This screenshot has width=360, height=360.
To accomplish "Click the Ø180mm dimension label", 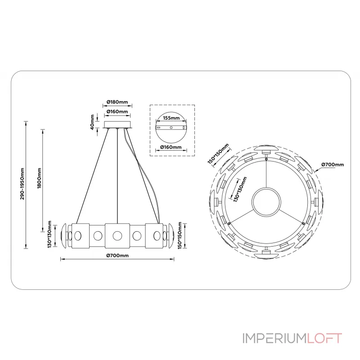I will point(117,102).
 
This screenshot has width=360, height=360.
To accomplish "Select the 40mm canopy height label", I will point(92,122).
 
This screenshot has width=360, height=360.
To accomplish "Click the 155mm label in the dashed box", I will point(171,118).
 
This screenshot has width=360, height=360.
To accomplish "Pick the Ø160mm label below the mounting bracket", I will point(171,147).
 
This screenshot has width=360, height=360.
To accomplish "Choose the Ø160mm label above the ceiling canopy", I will point(117,112).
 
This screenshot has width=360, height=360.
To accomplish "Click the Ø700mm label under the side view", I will point(117,255).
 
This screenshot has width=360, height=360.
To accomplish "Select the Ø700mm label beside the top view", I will point(333,165).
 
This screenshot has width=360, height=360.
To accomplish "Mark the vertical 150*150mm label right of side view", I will point(181,234).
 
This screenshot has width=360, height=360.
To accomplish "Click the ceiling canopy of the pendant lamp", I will point(117,124).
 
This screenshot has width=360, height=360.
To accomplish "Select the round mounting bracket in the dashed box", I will point(171,128).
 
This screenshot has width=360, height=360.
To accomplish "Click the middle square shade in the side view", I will point(117,235).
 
